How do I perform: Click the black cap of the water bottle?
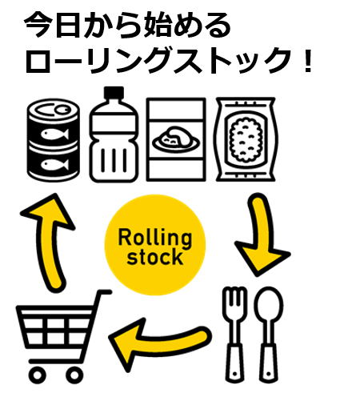click(x=114, y=93)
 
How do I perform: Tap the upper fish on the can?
click(x=54, y=134)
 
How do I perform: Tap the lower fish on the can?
click(x=54, y=164)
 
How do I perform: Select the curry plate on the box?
click(x=176, y=140)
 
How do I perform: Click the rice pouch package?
click(x=246, y=139)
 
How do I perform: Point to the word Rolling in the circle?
click(x=155, y=238)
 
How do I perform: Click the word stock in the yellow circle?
click(x=155, y=257)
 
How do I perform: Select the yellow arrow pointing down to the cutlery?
click(x=262, y=235)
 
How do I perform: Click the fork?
click(x=234, y=335)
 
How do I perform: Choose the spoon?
click(x=269, y=335)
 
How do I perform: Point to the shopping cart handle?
click(x=103, y=292)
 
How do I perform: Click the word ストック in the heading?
click(x=232, y=60)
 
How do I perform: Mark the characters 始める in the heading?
click(x=184, y=25)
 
